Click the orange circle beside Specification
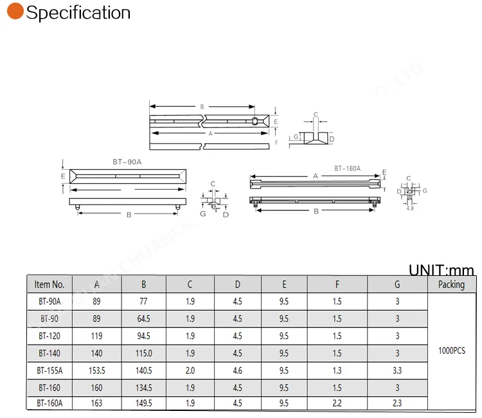[x=15, y=12]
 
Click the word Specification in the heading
[x=78, y=13]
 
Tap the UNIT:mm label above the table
[x=441, y=270]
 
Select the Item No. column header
[x=49, y=284]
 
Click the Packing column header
[x=451, y=284]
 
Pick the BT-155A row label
[x=49, y=370]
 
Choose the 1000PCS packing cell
[x=451, y=351]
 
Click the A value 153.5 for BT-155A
[x=96, y=370]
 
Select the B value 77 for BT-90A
[x=144, y=302]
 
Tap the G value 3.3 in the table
[x=397, y=370]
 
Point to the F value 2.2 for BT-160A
[x=337, y=403]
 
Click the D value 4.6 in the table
[x=238, y=370]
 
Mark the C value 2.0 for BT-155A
[x=190, y=370]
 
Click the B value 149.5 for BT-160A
[x=144, y=403]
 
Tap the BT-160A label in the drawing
[x=347, y=168]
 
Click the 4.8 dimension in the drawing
[x=410, y=208]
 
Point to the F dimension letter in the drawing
[x=276, y=142]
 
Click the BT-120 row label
[x=49, y=336]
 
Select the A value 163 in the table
[x=96, y=403]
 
